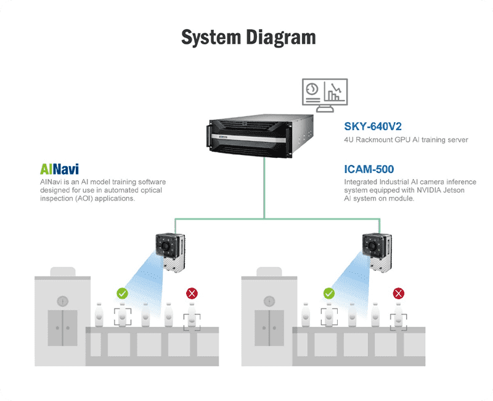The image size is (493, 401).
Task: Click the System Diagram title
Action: click(248, 37)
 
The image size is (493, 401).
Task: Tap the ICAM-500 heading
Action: click(369, 168)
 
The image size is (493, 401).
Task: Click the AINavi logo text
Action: click(59, 168)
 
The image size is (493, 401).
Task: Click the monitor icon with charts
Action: click(324, 94)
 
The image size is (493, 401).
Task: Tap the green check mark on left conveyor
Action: click(122, 294)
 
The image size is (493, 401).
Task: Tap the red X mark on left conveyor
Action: click(192, 294)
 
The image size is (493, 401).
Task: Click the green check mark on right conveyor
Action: click(329, 294)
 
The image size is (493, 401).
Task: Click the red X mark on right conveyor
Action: click(399, 294)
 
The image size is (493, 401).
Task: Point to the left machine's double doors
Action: click(62, 328)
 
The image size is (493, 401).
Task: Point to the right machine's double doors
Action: click(269, 328)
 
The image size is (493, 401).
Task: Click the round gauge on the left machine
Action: click(62, 301)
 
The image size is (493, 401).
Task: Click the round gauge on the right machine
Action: click(269, 301)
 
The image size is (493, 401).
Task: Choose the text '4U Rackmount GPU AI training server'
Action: click(406, 140)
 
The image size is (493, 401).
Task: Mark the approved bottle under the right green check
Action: click(329, 315)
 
